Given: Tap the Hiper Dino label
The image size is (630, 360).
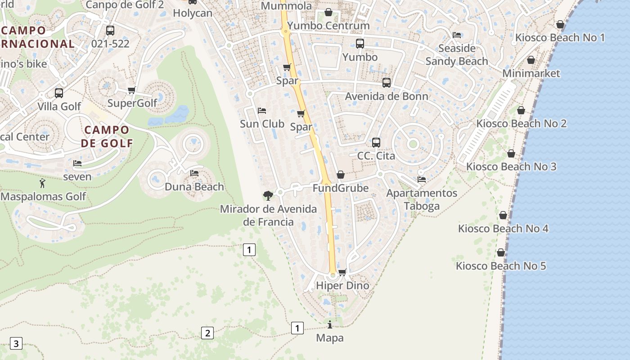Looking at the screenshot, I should coord(342,286).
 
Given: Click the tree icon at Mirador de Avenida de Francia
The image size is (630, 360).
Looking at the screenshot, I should coord(268,195).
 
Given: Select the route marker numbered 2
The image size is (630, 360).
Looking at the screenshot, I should coord(207,333).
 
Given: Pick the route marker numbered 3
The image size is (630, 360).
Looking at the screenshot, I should coord(16,344).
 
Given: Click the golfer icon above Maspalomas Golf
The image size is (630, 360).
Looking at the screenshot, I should coord(43,183).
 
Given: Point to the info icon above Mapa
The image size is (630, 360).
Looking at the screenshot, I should coord(330,324).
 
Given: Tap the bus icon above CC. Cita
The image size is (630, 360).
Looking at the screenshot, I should coord(376,143).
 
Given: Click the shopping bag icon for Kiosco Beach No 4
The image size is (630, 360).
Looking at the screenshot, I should coord(503,216).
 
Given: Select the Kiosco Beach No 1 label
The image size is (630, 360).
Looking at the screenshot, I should coord(560,37).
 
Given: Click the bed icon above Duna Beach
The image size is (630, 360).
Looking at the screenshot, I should coord(194,173).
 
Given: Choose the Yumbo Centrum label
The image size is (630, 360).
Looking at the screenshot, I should coord(328,26).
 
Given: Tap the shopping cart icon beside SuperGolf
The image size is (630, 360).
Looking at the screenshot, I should coord(132,90).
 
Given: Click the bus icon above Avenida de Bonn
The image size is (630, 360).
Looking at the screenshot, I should coord(387,83).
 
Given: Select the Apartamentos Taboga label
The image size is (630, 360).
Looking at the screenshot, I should coord(422,199).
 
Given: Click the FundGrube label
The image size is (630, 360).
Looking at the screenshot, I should coord(341,188).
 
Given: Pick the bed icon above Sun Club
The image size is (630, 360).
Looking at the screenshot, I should coord(262,110).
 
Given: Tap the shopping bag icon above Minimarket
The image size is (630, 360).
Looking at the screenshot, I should coord(531,60).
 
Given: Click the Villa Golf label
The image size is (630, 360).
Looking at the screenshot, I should coord(59,107).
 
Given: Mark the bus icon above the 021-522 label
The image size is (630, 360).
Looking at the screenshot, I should coord(110,31).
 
